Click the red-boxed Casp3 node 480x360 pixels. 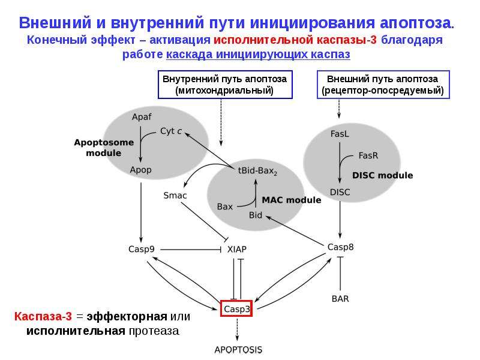(x=236, y=308)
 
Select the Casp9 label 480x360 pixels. (x=142, y=250)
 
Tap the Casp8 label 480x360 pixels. (x=340, y=247)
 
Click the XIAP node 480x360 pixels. (x=237, y=250)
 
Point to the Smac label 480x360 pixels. (x=175, y=196)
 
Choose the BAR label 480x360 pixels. (x=340, y=298)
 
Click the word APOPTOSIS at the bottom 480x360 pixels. (x=238, y=350)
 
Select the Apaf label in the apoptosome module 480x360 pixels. (x=142, y=116)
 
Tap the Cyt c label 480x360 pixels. (x=171, y=131)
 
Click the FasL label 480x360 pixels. (x=340, y=134)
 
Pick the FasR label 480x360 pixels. (x=368, y=155)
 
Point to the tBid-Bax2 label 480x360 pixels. (x=257, y=171)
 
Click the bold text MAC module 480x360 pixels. (x=292, y=200)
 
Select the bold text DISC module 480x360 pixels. (x=383, y=175)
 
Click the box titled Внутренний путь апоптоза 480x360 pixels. (x=225, y=85)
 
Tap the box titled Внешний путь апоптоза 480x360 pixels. (x=383, y=85)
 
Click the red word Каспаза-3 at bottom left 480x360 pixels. (x=43, y=316)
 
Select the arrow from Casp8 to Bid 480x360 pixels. (x=295, y=230)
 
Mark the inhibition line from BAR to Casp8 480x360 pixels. (x=340, y=274)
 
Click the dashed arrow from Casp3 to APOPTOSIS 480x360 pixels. (x=237, y=329)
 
